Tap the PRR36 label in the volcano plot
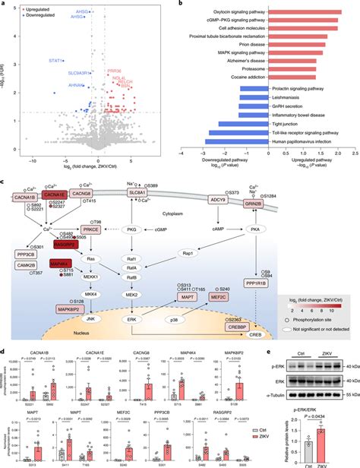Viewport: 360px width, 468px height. click(x=115, y=70)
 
